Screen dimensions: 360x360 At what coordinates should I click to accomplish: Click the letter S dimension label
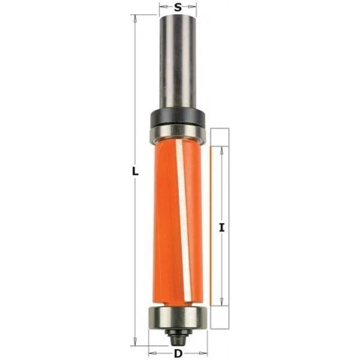click(178, 7)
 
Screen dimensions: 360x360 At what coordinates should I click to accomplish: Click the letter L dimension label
click(135, 171)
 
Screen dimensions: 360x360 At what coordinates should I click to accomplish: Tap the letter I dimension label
click(221, 228)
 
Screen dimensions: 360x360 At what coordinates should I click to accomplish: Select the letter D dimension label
click(178, 354)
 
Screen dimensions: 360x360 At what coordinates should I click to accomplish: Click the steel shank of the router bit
click(178, 62)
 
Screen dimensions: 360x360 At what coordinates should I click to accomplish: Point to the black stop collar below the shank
click(178, 118)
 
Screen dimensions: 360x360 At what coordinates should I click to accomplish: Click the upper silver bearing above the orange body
click(177, 134)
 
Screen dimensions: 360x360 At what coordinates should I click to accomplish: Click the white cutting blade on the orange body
click(183, 218)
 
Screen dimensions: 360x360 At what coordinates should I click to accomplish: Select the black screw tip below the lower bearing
click(178, 337)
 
